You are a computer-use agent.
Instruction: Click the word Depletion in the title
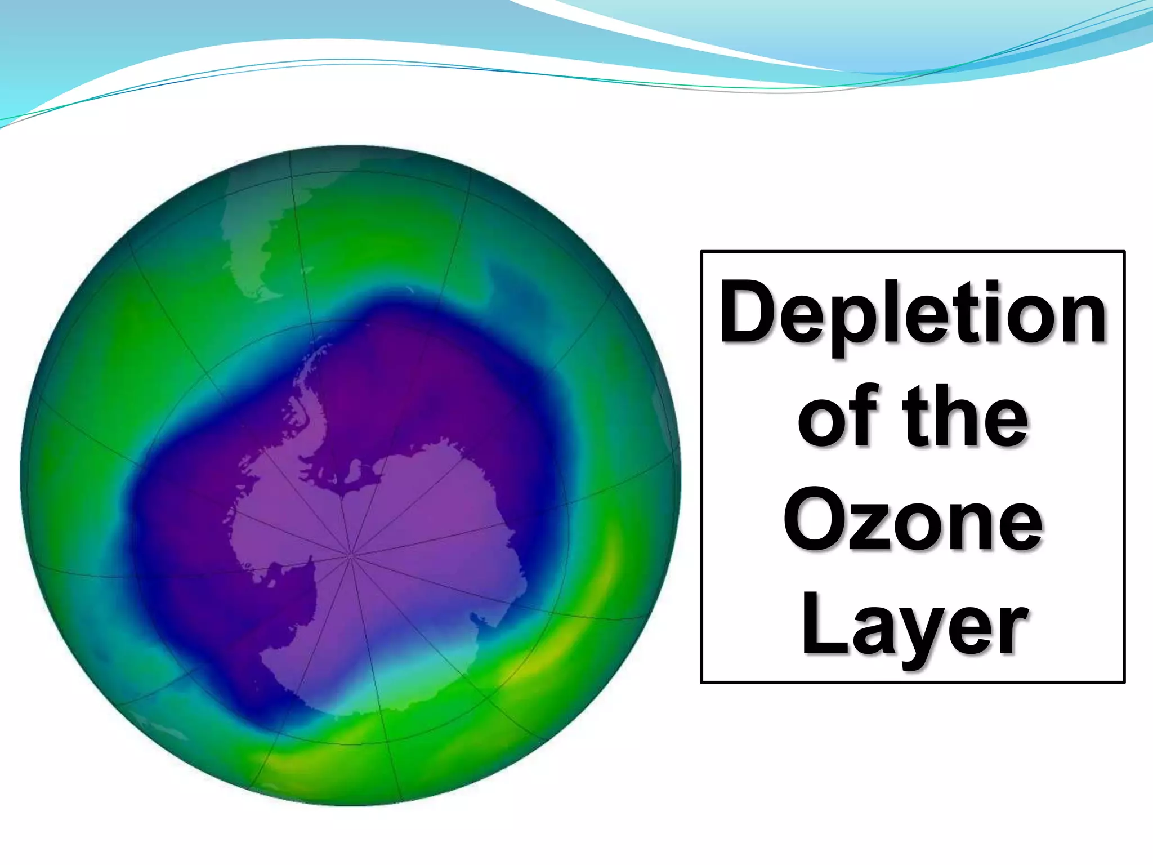click(913, 313)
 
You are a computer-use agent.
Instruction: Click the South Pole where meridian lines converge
click(351, 555)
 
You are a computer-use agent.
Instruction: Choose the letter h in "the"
click(963, 417)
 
